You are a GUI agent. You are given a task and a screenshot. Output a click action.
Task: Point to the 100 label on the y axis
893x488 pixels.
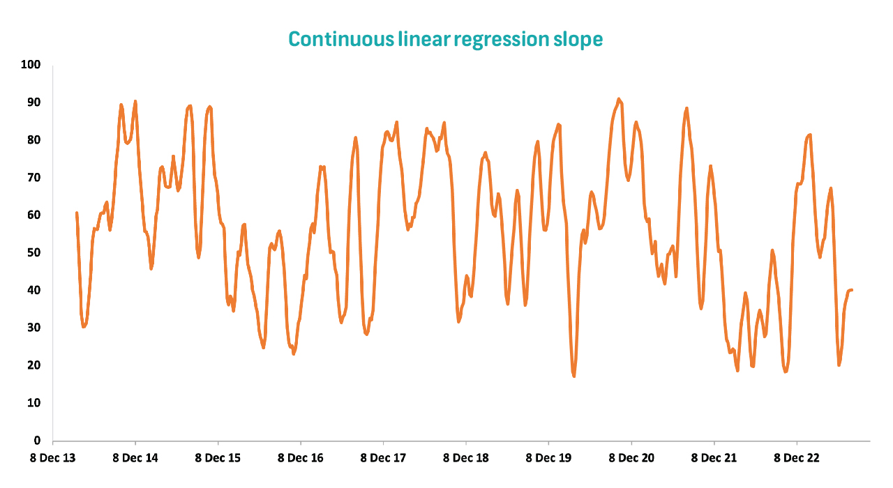31,65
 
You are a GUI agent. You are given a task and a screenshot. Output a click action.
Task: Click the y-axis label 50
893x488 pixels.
34,252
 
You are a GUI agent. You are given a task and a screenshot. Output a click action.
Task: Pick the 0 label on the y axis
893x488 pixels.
37,440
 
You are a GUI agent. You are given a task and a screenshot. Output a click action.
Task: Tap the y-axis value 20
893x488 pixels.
34,365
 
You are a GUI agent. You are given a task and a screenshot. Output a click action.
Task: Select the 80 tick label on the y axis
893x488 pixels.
34,140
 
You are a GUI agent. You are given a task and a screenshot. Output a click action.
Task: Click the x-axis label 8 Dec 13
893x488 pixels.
52,458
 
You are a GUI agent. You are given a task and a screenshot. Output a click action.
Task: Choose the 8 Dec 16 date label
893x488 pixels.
301,458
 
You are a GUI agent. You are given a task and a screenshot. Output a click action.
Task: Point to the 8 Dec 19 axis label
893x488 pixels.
548,458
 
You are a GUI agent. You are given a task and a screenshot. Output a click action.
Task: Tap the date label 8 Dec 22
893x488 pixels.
797,458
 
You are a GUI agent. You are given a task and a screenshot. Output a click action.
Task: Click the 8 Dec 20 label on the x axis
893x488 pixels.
631,458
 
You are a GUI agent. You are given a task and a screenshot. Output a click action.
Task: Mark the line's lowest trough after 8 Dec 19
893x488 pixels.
574,376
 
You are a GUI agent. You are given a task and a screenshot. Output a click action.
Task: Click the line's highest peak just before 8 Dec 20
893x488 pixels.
619,99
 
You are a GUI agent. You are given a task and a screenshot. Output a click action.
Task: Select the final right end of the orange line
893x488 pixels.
852,290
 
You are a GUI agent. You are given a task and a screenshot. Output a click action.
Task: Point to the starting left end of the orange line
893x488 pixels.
77,213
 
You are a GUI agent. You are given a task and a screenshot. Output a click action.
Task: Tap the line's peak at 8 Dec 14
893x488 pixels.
135,102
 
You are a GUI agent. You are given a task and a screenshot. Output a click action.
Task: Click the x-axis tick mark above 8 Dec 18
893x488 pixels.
466,443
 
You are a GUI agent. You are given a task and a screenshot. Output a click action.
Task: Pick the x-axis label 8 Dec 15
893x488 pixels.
218,458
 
